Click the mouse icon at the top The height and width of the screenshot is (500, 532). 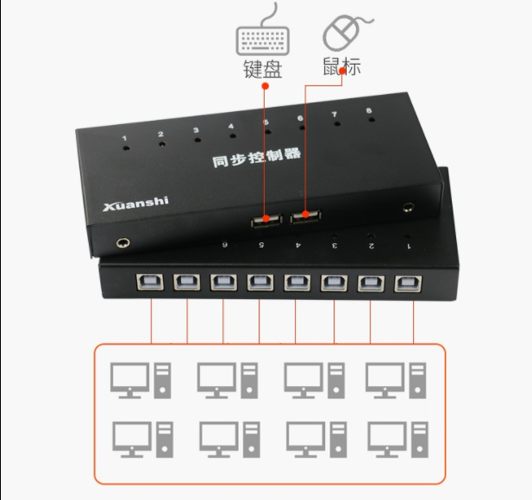341,33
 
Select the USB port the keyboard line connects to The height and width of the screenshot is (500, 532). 266,221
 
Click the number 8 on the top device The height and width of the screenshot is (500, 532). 369,111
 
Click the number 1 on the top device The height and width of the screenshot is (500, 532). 125,138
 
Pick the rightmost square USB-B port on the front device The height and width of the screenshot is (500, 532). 406,284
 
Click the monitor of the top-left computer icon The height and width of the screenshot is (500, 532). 129,377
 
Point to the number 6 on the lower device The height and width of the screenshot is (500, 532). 225,244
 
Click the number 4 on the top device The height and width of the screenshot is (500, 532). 231,127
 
